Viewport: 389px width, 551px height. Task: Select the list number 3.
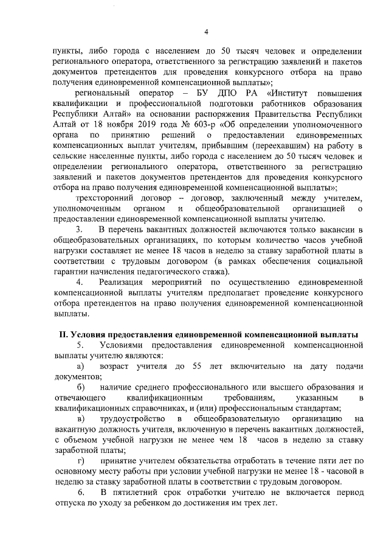(78, 229)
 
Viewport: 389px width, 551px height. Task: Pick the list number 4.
(78, 283)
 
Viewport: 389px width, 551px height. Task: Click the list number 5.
(78, 345)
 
